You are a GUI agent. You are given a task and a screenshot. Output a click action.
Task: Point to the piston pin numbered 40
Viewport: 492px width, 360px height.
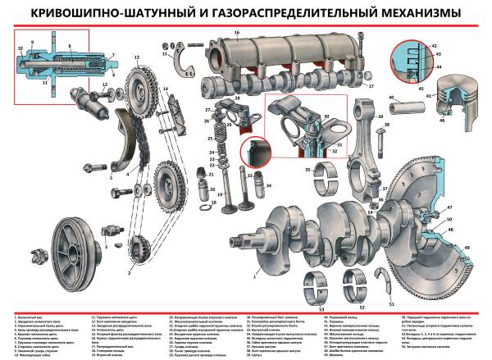[409, 103]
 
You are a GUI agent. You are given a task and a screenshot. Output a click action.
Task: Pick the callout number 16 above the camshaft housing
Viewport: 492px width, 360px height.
[236, 34]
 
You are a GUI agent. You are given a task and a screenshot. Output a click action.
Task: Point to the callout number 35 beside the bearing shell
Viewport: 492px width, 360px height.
[308, 169]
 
